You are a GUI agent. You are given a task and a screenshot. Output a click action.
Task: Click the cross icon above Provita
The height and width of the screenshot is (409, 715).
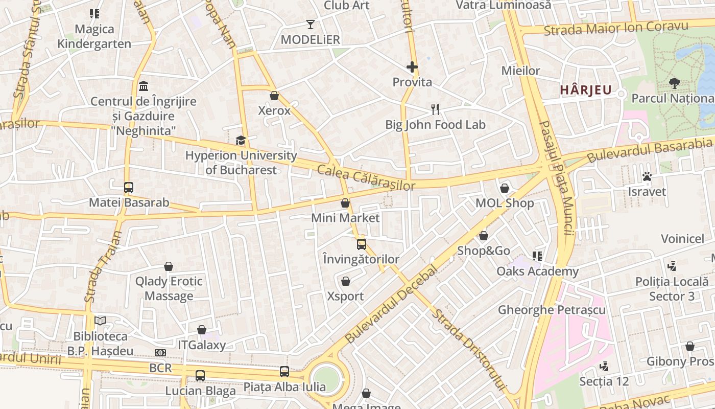pyautogui.click(x=412, y=67)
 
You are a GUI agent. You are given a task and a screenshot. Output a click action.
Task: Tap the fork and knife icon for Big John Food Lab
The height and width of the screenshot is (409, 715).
pyautogui.click(x=435, y=109)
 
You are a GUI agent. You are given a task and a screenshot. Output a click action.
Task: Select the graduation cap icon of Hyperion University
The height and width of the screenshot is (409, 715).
pyautogui.click(x=241, y=140)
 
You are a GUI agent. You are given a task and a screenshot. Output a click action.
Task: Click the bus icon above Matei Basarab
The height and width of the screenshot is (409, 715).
pyautogui.click(x=129, y=188)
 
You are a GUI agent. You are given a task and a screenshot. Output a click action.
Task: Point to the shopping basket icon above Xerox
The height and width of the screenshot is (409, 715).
pyautogui.click(x=274, y=96)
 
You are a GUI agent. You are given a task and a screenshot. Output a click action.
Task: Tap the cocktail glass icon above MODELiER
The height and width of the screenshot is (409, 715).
pyautogui.click(x=310, y=24)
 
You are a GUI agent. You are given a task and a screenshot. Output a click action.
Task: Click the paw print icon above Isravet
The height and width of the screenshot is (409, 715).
pyautogui.click(x=647, y=176)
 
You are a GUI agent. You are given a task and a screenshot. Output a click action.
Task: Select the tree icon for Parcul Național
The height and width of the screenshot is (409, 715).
pyautogui.click(x=674, y=83)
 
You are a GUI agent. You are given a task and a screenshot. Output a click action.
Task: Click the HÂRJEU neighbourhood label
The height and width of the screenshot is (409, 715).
pyautogui.click(x=585, y=90)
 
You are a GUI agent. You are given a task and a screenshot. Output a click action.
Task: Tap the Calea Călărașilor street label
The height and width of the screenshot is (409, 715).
pyautogui.click(x=366, y=178)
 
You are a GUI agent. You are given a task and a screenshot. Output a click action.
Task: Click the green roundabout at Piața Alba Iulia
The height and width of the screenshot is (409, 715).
pyautogui.click(x=326, y=379)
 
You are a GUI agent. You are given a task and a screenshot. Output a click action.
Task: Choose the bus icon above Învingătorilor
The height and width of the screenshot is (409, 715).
pyautogui.click(x=362, y=244)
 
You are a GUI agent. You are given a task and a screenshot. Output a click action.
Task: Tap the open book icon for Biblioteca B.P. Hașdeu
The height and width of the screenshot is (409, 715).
pyautogui.click(x=100, y=321)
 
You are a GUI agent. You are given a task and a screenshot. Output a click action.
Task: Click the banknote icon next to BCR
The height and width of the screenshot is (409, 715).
pyautogui.click(x=160, y=353)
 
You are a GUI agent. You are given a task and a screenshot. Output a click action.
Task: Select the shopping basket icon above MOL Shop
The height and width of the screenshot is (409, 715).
pyautogui.click(x=505, y=188)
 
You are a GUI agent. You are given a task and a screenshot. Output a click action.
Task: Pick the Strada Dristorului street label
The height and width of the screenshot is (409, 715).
pyautogui.click(x=468, y=350)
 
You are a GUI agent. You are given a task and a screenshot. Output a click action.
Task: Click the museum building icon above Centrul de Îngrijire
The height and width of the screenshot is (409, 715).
pyautogui.click(x=144, y=85)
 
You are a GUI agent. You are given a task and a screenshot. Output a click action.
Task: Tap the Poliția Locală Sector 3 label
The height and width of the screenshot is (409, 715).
pyautogui.click(x=672, y=289)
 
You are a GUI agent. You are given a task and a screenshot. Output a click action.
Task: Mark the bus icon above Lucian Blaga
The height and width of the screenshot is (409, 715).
pyautogui.click(x=200, y=376)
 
